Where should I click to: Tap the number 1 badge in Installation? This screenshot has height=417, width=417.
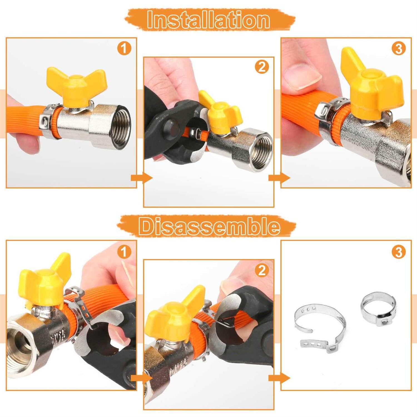point(124,49)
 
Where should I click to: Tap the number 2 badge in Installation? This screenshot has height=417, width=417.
point(262,67)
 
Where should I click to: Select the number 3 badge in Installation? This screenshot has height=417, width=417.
point(398,49)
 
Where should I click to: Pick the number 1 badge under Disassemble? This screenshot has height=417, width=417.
point(124,252)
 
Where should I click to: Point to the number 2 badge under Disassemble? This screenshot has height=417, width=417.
point(262,270)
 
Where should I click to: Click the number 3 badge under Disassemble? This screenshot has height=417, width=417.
point(398,252)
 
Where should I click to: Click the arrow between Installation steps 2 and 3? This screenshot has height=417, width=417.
point(279,178)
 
